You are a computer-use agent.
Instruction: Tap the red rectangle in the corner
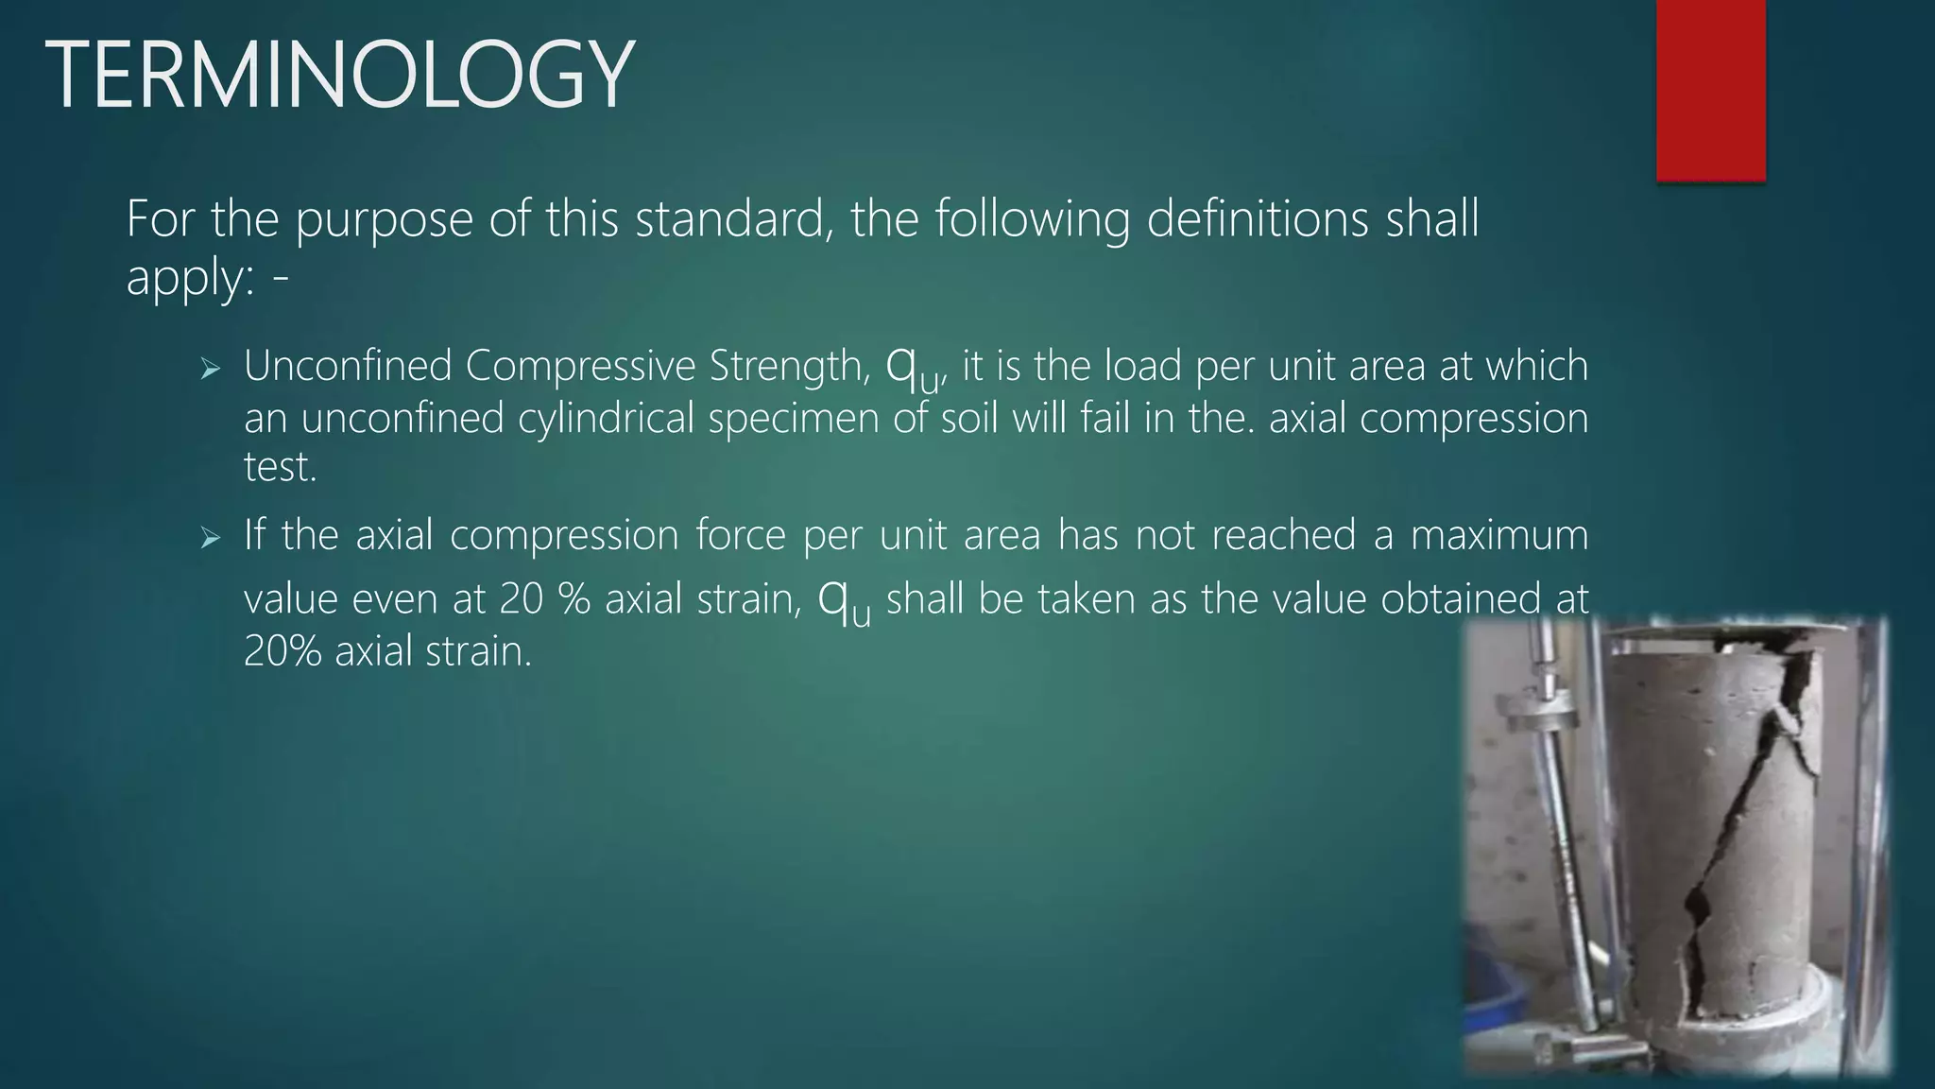pyautogui.click(x=1710, y=90)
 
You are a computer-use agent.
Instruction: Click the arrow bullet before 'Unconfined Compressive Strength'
pyautogui.click(x=210, y=369)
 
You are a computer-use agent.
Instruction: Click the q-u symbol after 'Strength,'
pyautogui.click(x=913, y=369)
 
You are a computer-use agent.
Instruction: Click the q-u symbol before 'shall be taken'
pyautogui.click(x=844, y=600)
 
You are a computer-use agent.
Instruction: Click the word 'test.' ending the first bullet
pyautogui.click(x=280, y=467)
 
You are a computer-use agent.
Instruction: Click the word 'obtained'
pyautogui.click(x=1461, y=599)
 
